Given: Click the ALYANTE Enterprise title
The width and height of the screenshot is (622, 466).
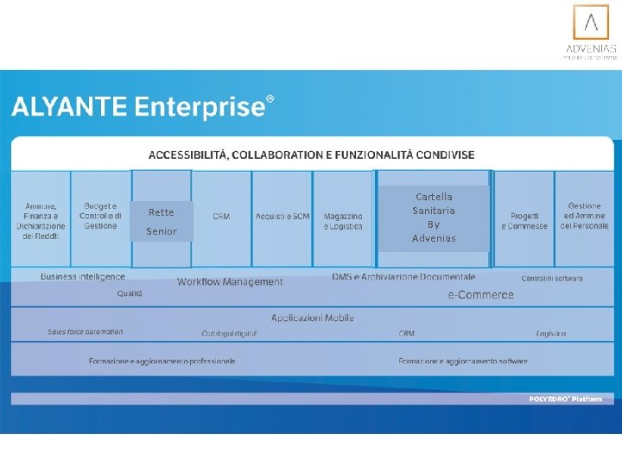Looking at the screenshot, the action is coord(143,107).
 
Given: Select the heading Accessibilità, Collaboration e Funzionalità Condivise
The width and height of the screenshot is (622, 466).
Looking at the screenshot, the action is coord(311,155).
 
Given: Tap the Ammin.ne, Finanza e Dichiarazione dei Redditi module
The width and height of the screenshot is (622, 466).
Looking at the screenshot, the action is coord(41,221).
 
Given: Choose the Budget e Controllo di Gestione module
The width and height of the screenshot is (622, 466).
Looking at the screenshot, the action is coord(100,216).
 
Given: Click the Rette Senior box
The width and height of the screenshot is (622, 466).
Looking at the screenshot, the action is coord(162,222).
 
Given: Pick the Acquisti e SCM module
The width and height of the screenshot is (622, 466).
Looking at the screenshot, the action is coord(282,216).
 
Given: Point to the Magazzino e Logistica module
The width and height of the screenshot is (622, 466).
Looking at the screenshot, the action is coord(343,221).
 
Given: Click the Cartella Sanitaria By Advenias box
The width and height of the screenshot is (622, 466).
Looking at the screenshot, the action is coord(434,217).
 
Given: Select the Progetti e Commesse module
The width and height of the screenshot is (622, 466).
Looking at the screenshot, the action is coord(524,221).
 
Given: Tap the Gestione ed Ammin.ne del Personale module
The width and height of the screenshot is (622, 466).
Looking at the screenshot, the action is coord(584,216).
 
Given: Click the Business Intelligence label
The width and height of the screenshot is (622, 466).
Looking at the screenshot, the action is coord(83,277).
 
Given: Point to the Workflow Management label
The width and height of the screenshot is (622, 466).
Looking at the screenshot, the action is coord(230,282).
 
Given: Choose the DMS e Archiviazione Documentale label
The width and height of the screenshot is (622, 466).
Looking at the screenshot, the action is coord(403,277).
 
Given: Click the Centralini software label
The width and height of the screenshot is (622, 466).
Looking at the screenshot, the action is coord(552,279).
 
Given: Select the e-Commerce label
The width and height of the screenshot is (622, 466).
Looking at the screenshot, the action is coord(480,295).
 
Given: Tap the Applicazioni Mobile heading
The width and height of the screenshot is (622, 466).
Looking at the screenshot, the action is coord(312,318).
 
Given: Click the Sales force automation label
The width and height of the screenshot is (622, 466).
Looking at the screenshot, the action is coord(86,332).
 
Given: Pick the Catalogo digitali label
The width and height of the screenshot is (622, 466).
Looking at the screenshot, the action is coord(229,333).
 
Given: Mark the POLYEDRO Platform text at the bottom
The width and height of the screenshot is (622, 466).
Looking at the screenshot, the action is coord(565,399).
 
